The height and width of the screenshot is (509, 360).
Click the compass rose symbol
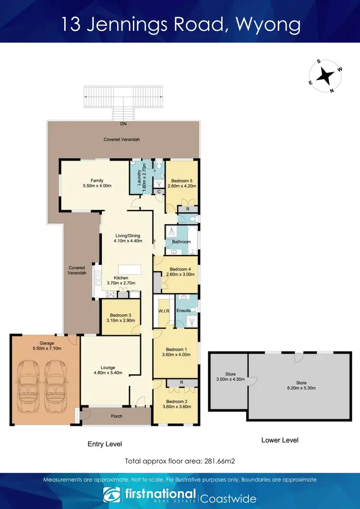pyautogui.click(x=326, y=75)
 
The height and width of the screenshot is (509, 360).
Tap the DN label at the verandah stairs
pyautogui.click(x=123, y=124)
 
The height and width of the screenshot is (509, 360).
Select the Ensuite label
pyautogui.click(x=184, y=311)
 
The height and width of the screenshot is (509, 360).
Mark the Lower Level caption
pyautogui.click(x=280, y=440)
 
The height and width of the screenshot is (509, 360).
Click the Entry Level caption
pyautogui.click(x=105, y=444)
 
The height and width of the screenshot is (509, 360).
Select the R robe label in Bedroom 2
pyautogui.click(x=182, y=383)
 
